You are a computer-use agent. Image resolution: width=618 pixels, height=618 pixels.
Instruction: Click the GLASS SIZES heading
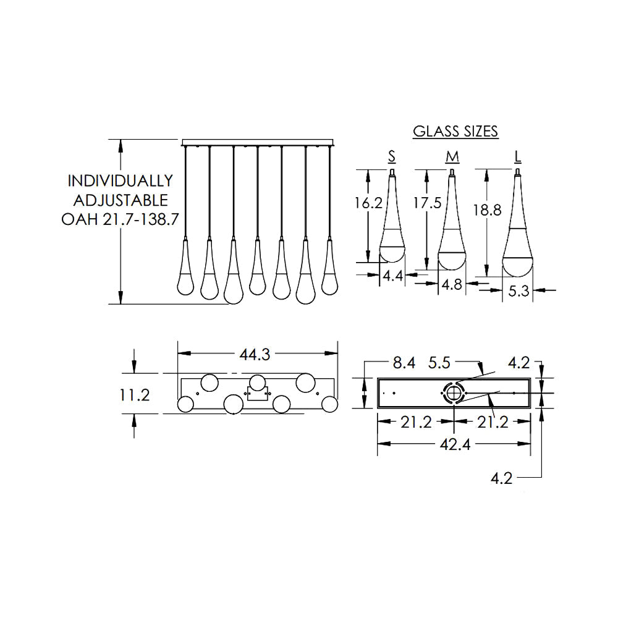[455, 131]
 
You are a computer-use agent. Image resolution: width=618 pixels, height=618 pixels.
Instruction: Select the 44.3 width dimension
[255, 354]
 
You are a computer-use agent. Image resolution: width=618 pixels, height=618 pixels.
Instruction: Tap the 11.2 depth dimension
[134, 394]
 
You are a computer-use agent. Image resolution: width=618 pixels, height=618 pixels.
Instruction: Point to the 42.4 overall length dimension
[455, 444]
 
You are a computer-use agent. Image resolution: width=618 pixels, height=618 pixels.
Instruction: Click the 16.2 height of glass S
[368, 203]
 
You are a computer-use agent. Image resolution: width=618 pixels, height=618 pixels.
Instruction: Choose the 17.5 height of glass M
[427, 203]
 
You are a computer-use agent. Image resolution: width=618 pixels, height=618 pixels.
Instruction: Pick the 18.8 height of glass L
[487, 210]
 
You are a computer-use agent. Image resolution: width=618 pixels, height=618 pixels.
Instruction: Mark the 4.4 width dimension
[393, 276]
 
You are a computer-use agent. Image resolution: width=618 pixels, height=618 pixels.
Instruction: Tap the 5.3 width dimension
[518, 291]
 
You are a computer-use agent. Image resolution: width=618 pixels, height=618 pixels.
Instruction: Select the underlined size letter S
[391, 156]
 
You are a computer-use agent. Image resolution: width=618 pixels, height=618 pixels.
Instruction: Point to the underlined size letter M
[452, 157]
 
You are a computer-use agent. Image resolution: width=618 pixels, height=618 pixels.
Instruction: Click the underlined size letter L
[517, 157]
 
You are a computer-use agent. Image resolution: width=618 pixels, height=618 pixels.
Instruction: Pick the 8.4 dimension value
[404, 363]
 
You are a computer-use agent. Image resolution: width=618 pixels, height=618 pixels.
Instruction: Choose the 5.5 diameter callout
[439, 363]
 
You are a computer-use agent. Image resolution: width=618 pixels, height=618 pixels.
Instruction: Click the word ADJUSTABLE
[121, 200]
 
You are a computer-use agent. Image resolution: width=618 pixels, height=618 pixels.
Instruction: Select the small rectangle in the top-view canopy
[257, 393]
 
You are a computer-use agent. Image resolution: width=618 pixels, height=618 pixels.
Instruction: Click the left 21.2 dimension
[416, 422]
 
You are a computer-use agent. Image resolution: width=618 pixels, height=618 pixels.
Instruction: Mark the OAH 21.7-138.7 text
[121, 219]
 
